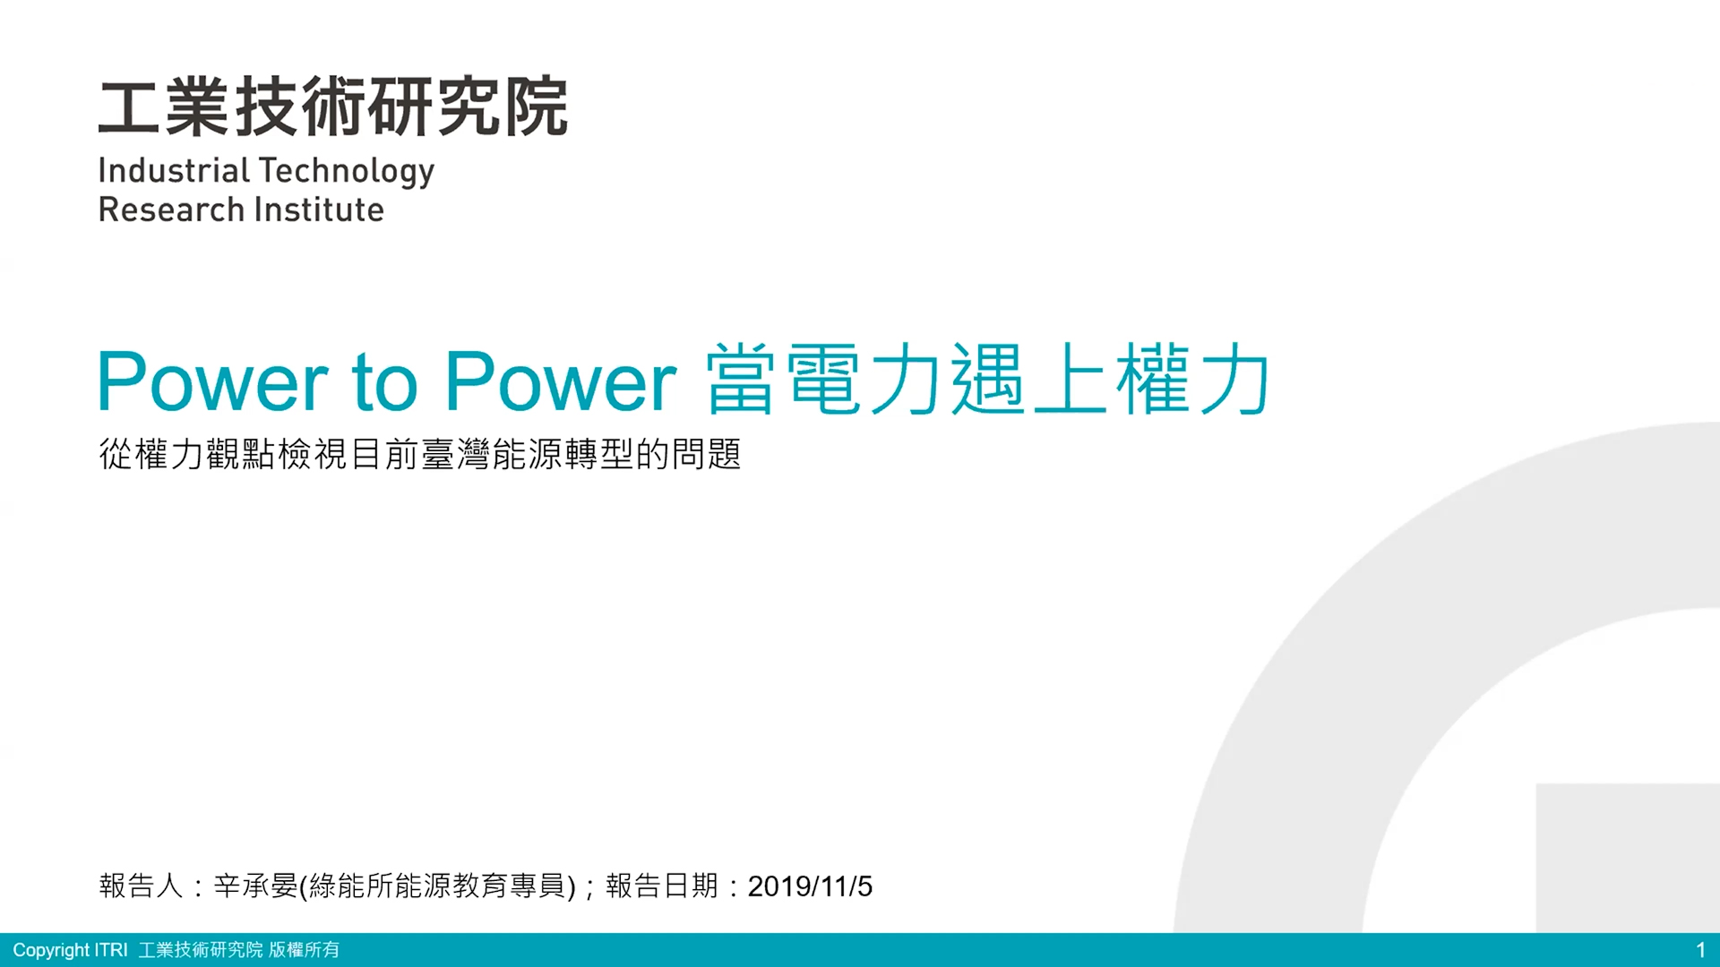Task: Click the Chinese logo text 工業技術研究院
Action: click(333, 107)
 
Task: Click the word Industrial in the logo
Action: click(174, 170)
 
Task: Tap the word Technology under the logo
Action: click(347, 172)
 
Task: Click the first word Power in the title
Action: click(213, 381)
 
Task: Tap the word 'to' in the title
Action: click(385, 383)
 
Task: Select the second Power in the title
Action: click(561, 381)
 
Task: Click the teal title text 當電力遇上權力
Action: click(988, 379)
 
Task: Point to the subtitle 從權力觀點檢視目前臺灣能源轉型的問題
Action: click(420, 454)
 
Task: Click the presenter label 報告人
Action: click(141, 886)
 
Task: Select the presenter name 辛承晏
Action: click(256, 886)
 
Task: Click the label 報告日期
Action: click(662, 886)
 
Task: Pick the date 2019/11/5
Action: click(810, 886)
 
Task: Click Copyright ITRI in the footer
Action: click(70, 950)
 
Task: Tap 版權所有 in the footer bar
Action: click(305, 949)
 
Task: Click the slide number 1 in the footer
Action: click(1700, 950)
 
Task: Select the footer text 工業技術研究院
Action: click(201, 949)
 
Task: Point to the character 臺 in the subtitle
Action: click(438, 454)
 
